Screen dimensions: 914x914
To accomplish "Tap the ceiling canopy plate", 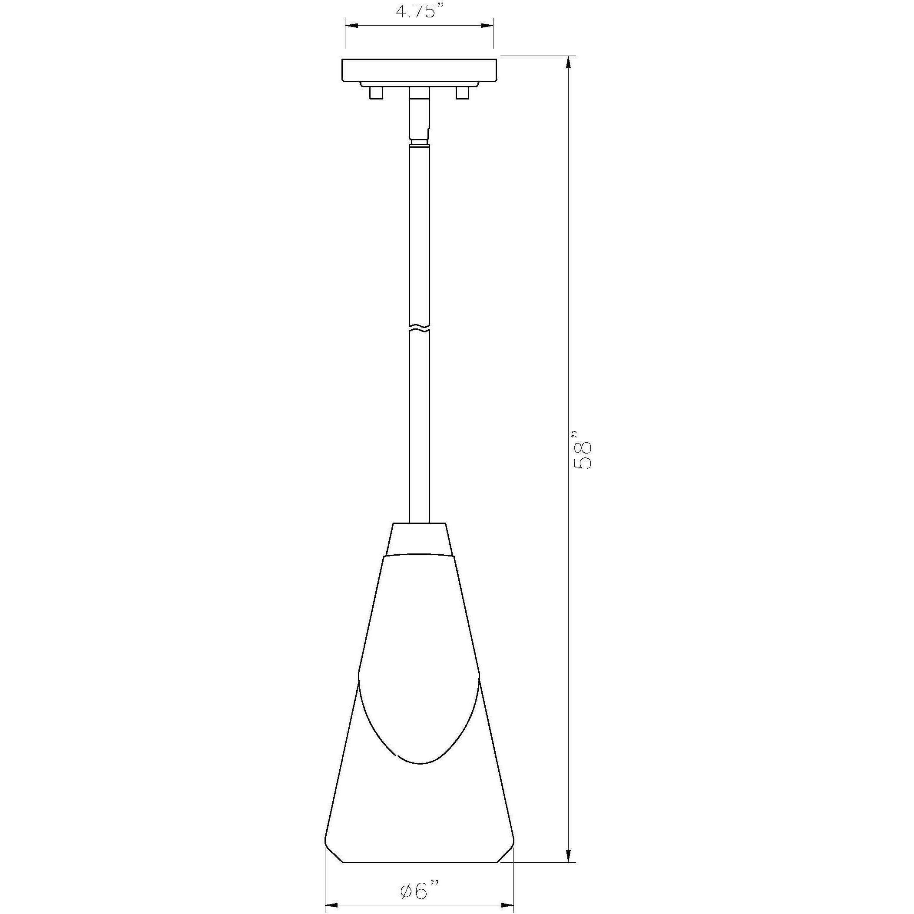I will click(x=419, y=70).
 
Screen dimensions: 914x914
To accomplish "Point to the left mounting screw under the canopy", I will click(x=376, y=93).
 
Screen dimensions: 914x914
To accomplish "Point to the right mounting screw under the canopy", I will click(x=462, y=93).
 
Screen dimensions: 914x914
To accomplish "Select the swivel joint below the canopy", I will click(x=420, y=118).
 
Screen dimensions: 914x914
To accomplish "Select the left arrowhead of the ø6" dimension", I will click(x=331, y=904).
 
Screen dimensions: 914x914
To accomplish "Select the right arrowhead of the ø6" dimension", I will click(x=508, y=904).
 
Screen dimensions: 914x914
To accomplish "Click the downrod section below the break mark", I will click(x=420, y=426).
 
